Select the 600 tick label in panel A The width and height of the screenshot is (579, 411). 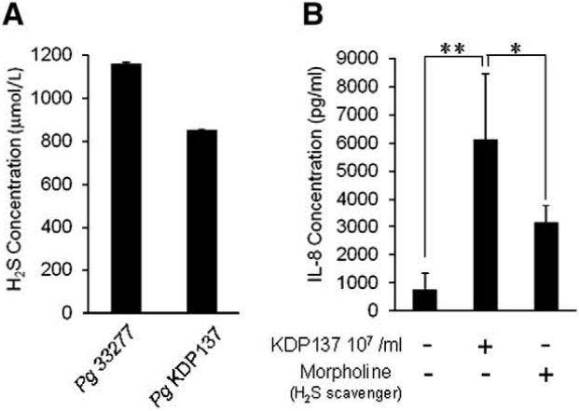tap(70, 185)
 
